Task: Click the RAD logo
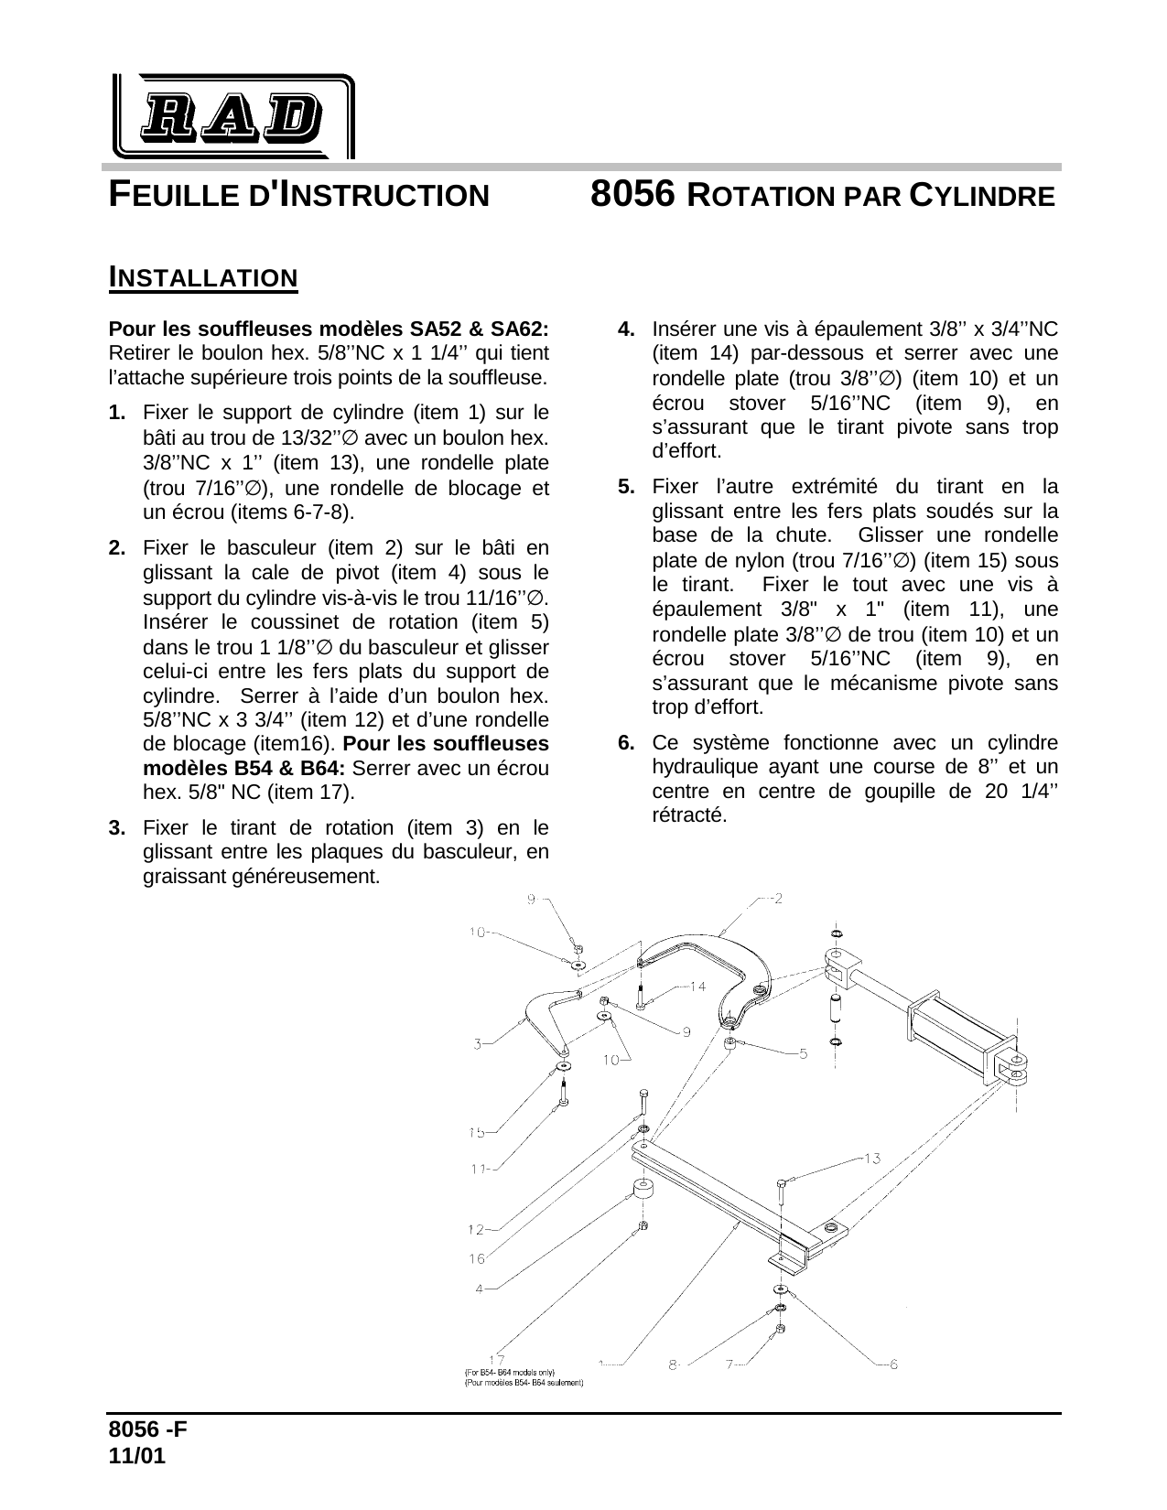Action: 232,115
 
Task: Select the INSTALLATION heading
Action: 203,277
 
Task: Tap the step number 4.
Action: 627,329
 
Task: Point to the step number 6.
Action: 627,743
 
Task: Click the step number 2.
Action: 117,548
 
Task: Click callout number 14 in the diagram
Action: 697,987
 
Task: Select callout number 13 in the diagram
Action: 871,1159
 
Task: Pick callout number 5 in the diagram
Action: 803,1053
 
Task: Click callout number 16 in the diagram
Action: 477,1258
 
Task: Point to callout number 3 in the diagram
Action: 478,1043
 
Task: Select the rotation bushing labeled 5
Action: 730,1043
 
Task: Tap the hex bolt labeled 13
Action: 781,1192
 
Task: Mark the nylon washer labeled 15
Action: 562,1067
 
